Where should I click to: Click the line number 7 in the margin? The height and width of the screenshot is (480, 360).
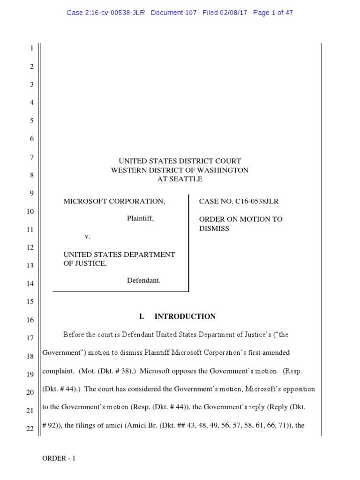31,157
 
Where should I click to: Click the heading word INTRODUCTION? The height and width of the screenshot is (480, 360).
185,316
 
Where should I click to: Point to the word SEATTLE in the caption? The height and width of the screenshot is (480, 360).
189,179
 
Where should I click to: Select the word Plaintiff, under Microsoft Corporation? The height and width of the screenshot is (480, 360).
141,218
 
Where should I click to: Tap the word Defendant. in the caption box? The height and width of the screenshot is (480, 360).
144,280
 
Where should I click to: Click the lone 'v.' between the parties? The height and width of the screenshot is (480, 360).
88,236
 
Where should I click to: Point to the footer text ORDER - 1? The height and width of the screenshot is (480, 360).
59,458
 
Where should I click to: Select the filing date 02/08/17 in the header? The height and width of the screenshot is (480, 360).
235,13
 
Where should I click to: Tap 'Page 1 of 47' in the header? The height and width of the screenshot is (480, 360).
273,13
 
